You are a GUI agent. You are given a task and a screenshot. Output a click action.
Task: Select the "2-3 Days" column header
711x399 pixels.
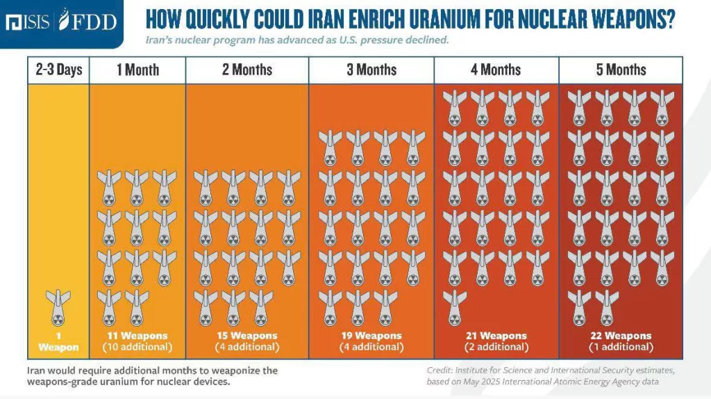click(x=59, y=70)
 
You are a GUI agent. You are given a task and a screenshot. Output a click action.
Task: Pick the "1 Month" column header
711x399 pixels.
click(x=137, y=70)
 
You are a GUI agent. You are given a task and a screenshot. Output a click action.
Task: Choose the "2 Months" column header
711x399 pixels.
click(x=247, y=70)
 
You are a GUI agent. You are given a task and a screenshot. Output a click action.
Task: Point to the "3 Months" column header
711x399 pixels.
click(x=371, y=70)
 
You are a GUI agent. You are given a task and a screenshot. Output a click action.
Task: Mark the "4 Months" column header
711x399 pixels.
click(x=496, y=70)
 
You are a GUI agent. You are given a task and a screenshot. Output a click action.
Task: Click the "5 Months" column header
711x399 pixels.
click(x=621, y=70)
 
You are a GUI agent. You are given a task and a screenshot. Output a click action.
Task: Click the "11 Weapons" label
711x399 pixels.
click(x=137, y=336)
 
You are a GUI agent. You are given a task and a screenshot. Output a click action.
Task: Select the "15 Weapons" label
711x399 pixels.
click(x=247, y=336)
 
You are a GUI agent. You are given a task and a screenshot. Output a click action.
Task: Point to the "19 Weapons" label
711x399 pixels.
click(x=371, y=336)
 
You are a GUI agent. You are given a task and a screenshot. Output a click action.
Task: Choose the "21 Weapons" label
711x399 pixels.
click(x=496, y=336)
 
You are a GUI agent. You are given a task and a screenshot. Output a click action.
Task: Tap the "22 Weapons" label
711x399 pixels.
click(x=621, y=336)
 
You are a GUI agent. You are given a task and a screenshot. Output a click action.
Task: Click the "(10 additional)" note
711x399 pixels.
click(x=137, y=346)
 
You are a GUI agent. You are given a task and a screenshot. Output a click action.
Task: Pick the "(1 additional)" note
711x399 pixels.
click(x=621, y=346)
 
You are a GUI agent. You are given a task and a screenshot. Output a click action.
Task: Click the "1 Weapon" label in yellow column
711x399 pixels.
click(x=58, y=341)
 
